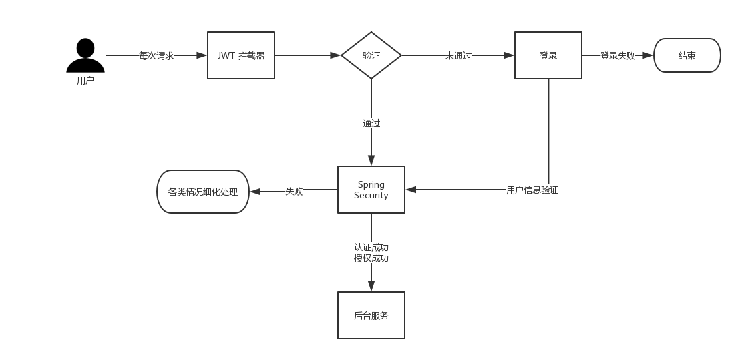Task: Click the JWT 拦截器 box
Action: click(x=241, y=55)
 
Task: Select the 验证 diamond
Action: click(x=371, y=55)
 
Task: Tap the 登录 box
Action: click(x=548, y=55)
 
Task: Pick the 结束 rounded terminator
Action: click(x=687, y=55)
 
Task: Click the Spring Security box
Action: click(x=371, y=190)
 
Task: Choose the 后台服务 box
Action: click(x=371, y=315)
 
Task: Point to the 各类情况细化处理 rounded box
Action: click(x=203, y=192)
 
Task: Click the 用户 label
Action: click(x=85, y=81)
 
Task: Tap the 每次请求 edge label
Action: click(x=156, y=56)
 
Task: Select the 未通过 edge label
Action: click(x=458, y=56)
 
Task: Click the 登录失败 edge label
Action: click(x=617, y=56)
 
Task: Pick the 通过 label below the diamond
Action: click(x=371, y=123)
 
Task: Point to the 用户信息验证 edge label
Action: click(x=532, y=190)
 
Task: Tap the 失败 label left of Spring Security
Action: click(x=294, y=192)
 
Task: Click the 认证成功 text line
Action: click(x=371, y=248)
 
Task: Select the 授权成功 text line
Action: click(x=371, y=258)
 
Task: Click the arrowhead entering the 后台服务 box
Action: click(x=371, y=287)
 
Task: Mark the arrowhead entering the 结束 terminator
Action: click(x=648, y=56)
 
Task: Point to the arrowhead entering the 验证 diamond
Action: click(x=336, y=56)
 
